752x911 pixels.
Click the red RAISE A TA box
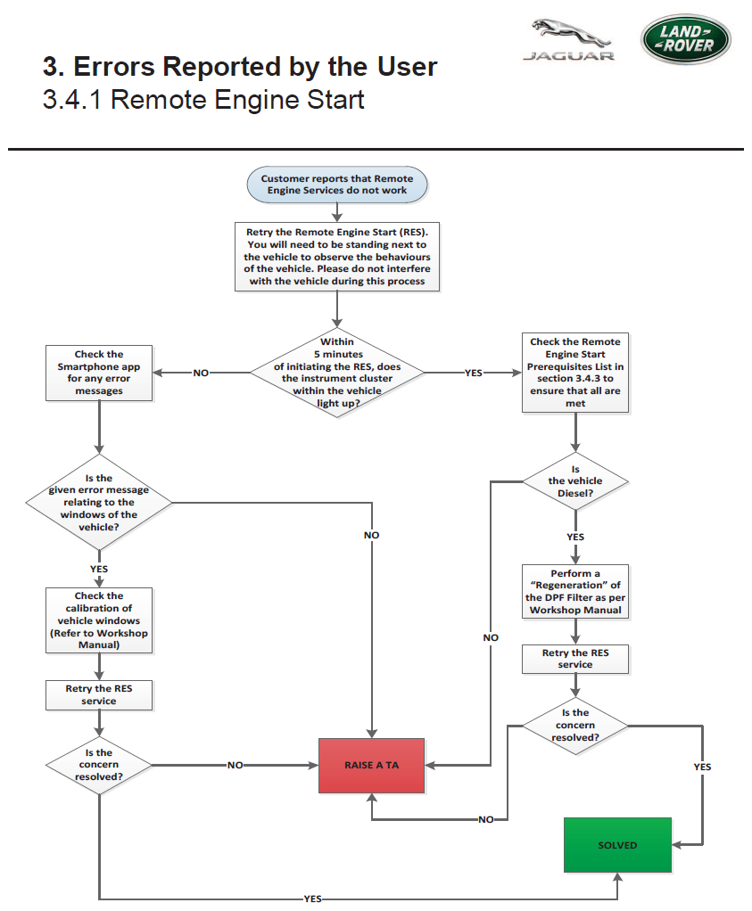(x=372, y=765)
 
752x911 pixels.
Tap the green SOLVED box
(x=617, y=845)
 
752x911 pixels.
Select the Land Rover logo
(x=686, y=39)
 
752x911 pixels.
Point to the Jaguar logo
(x=569, y=39)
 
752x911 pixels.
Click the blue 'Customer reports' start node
(x=337, y=185)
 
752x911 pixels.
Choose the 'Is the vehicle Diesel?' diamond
(x=575, y=481)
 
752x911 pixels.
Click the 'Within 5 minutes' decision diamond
(x=337, y=373)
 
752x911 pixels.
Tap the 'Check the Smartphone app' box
(x=99, y=373)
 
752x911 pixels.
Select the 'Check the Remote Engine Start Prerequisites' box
(x=575, y=373)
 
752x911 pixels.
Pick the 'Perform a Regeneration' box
(x=575, y=592)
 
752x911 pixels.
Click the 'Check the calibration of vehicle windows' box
(x=99, y=620)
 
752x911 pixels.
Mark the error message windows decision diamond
(x=99, y=503)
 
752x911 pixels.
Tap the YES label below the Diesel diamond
(x=575, y=537)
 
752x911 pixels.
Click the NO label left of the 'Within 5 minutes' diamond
(x=201, y=373)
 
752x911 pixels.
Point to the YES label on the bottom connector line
(x=312, y=899)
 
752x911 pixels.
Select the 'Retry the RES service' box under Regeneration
(x=575, y=659)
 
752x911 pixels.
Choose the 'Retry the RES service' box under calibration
(x=99, y=695)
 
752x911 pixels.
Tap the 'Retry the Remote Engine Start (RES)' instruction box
(x=337, y=256)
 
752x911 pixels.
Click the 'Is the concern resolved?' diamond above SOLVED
(x=575, y=725)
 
